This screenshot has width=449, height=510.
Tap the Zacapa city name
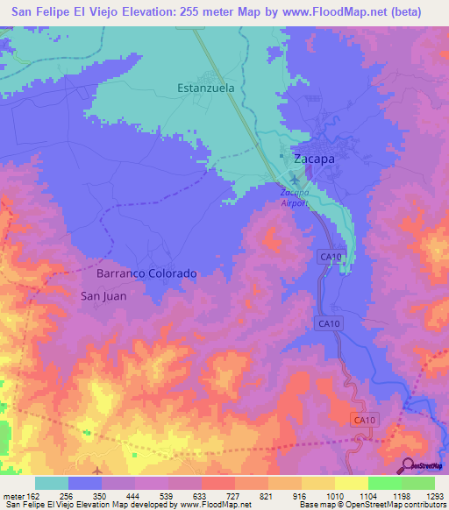313,159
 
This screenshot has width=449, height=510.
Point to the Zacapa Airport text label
294,197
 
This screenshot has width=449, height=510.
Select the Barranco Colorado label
146,273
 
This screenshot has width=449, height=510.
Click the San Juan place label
103,296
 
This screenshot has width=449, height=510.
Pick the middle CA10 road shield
327,324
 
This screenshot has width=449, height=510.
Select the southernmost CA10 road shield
365,421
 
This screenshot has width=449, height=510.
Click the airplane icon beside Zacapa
293,181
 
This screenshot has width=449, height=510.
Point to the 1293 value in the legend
434,495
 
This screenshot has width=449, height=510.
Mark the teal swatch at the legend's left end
52,483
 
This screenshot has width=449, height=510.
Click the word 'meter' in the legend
14,495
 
